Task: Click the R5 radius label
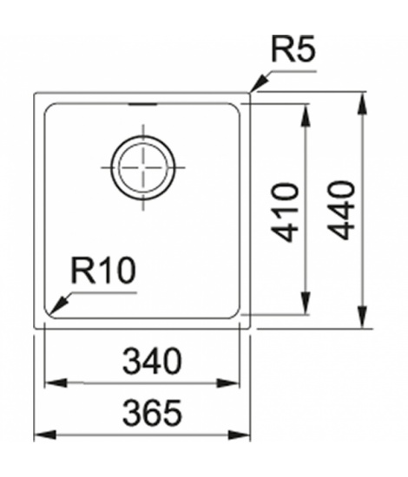(x=293, y=49)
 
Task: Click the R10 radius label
(x=103, y=270)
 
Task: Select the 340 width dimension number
(x=152, y=361)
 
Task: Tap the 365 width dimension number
(x=152, y=413)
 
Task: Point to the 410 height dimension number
(x=285, y=212)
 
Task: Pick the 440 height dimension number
(x=342, y=210)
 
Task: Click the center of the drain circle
(x=143, y=167)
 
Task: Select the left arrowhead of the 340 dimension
(x=56, y=382)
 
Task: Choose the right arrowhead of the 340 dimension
(x=228, y=382)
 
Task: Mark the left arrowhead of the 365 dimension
(x=45, y=435)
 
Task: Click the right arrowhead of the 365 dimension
(x=240, y=435)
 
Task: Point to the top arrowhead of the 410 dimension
(x=306, y=115)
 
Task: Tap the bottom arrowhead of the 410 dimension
(x=306, y=303)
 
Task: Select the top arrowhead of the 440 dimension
(x=362, y=104)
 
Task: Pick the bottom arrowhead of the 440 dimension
(x=362, y=317)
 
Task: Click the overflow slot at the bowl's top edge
(x=143, y=104)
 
